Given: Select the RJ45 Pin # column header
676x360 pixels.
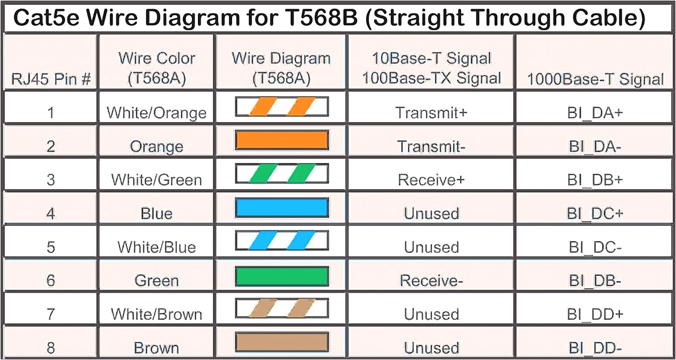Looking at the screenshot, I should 51,80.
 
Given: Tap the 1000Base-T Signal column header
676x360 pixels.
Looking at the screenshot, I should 595,79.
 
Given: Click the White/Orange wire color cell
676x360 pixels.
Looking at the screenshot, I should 157,113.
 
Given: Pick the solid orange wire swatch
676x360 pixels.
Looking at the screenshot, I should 282,140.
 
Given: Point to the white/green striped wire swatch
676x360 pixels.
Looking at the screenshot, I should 282,174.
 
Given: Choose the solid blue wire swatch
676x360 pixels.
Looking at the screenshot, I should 282,208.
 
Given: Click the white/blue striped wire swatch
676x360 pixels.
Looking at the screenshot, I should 282,241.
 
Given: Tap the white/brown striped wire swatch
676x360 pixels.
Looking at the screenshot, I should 282,308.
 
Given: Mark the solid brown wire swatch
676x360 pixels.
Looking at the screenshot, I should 282,342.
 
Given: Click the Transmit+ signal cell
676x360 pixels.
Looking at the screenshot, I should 431,113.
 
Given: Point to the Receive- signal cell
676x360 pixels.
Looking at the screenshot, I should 431,281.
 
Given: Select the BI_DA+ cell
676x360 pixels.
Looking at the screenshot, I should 595,113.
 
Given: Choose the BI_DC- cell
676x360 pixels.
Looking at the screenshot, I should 595,247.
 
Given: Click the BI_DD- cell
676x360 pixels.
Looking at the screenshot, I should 595,348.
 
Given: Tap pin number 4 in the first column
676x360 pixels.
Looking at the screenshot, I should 51,213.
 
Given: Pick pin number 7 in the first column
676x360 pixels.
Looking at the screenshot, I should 51,314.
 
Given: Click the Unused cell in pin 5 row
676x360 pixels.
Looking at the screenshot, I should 431,247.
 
